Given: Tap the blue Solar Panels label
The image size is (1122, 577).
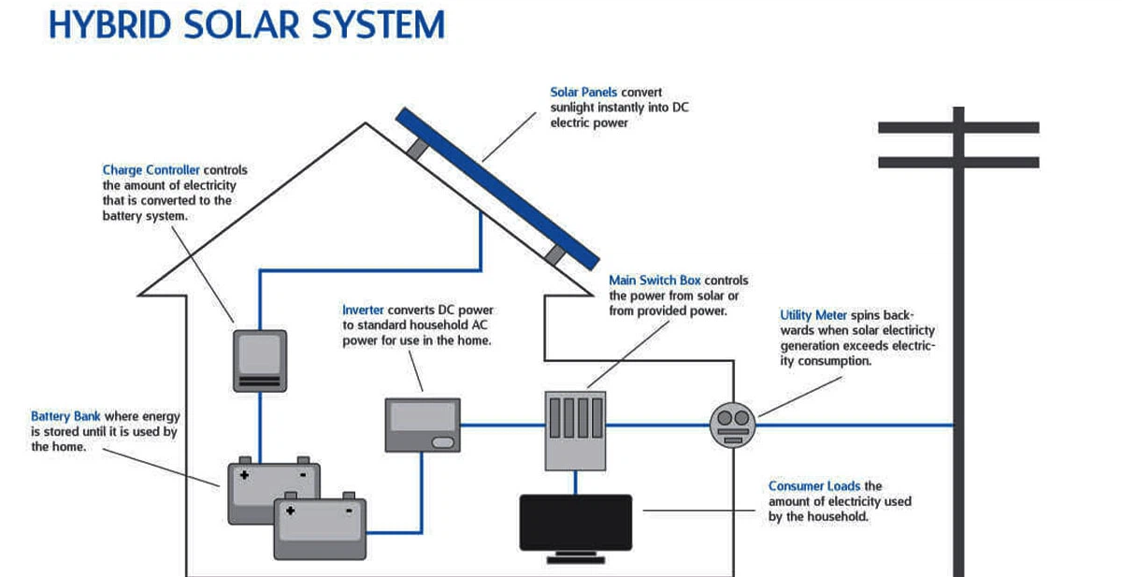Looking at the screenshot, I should (583, 93).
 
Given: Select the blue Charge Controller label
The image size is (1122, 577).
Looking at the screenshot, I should (151, 170).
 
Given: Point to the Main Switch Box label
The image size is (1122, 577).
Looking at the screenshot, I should (654, 281).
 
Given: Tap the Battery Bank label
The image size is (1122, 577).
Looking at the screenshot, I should (65, 416).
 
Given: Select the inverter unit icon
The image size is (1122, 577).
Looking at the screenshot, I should (423, 426).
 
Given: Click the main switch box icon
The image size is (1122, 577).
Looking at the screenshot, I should (575, 429).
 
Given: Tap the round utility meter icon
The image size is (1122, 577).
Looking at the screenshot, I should (732, 426).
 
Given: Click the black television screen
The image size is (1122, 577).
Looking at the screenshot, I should (575, 523).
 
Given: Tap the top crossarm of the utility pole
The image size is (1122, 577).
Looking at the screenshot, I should (958, 127).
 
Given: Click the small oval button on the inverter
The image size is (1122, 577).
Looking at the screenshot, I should (444, 442).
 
